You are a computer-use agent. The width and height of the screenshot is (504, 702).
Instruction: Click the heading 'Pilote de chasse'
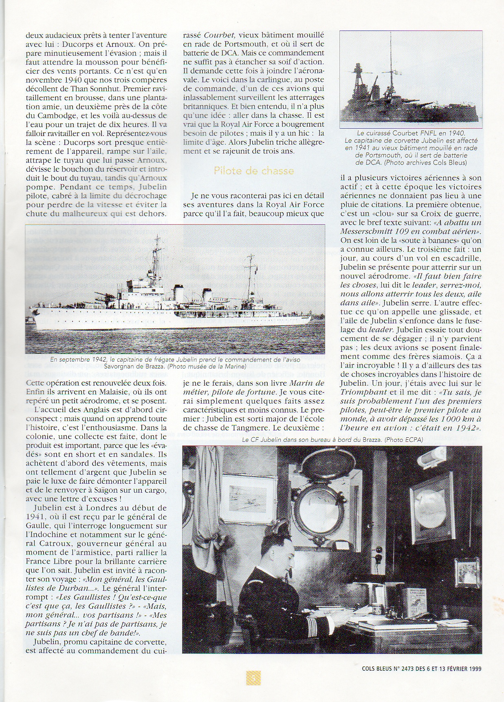[x=253, y=171]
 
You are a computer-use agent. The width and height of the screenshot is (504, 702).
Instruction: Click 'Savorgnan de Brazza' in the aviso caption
[x=134, y=366]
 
